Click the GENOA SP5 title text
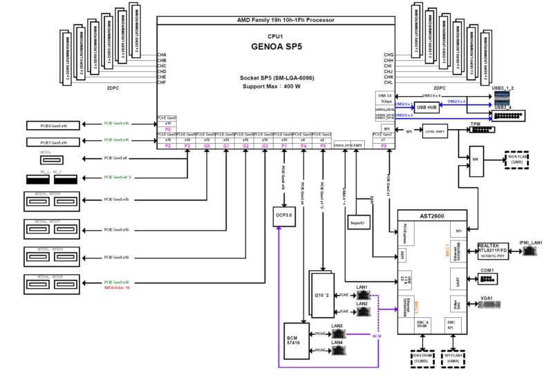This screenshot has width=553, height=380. (275, 48)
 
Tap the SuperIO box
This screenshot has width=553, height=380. (357, 223)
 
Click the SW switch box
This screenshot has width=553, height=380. (476, 159)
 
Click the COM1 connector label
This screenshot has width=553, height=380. (488, 270)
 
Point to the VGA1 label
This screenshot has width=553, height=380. (488, 298)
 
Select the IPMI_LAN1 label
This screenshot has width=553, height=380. (532, 243)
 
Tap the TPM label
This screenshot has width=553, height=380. (475, 125)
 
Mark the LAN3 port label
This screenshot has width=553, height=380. (337, 325)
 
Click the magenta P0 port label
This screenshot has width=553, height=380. (168, 129)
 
